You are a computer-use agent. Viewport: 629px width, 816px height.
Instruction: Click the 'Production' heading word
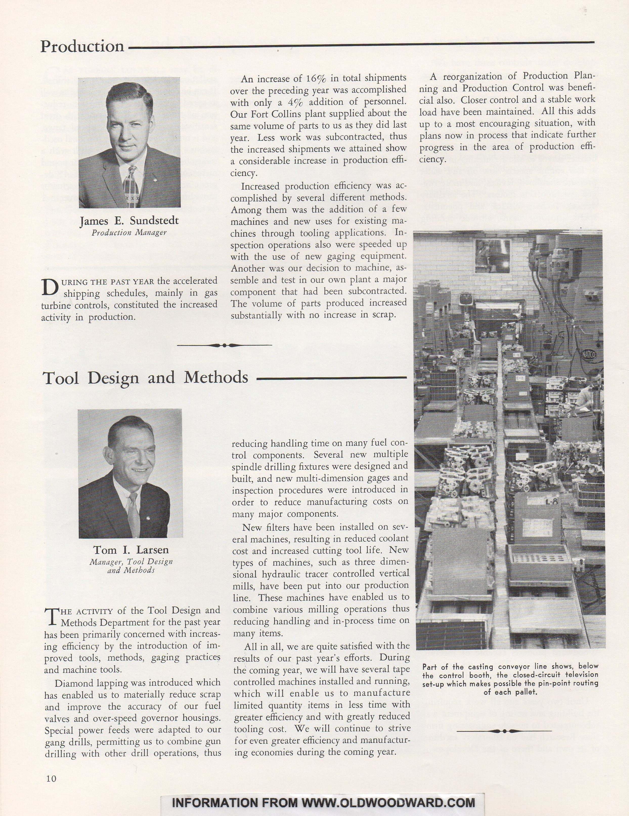tap(82, 46)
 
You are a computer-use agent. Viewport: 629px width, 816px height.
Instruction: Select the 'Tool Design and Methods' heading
tap(146, 377)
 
